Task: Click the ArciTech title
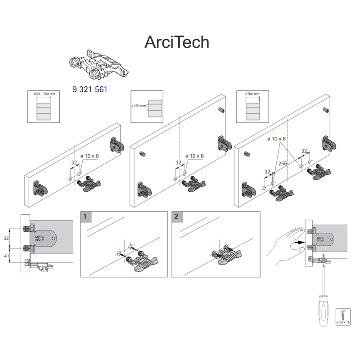pos(177,42)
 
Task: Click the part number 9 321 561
pos(90,89)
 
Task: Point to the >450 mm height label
pos(139,106)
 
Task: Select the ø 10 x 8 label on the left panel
pos(90,156)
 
